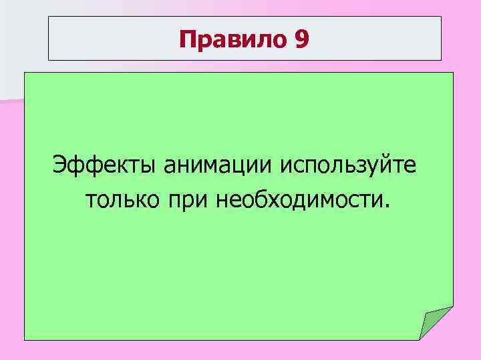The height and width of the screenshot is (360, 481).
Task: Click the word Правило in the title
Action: click(x=232, y=40)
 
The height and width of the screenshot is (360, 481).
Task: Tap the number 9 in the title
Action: click(x=301, y=40)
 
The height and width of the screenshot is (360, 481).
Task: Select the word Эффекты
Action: click(x=102, y=163)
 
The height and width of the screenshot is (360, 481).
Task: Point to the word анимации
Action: click(x=215, y=163)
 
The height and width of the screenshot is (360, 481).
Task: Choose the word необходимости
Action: click(x=297, y=199)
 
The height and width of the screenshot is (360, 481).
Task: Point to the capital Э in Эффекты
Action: click(x=61, y=163)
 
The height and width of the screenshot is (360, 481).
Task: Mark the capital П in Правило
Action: click(x=187, y=40)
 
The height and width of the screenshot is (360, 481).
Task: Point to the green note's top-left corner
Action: click(x=25, y=73)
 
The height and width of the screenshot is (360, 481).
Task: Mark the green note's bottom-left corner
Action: click(x=25, y=340)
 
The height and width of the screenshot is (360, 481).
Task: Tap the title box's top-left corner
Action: click(x=48, y=17)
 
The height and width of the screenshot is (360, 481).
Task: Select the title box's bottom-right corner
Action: click(x=442, y=61)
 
